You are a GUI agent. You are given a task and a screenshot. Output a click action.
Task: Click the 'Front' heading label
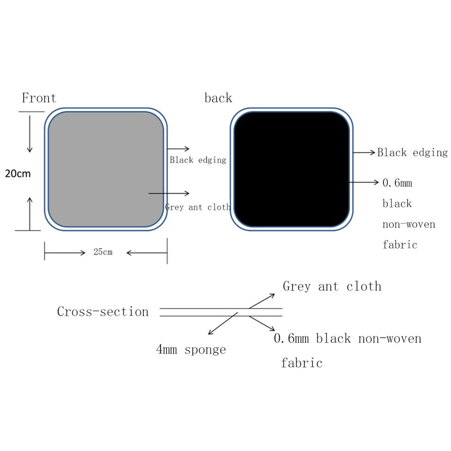point(39,98)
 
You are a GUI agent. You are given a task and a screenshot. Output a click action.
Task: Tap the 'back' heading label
point(218,98)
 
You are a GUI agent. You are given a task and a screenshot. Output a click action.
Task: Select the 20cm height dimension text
point(18,174)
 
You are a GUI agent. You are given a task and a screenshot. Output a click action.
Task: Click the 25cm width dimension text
point(103,251)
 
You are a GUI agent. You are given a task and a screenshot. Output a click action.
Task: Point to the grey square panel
point(106,169)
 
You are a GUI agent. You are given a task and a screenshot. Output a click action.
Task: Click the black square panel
point(291,169)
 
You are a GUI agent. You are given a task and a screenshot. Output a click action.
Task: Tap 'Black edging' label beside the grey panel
point(198,160)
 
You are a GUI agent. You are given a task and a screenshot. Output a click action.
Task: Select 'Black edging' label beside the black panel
point(412,152)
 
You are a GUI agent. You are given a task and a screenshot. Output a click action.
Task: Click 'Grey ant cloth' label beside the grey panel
point(198,207)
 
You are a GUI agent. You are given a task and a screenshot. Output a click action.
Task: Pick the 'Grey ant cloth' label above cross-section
point(332,286)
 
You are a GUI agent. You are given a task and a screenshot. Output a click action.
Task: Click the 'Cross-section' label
point(103,312)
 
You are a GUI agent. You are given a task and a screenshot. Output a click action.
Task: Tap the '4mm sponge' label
point(191,350)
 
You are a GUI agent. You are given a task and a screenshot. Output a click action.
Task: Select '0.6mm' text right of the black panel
point(397,183)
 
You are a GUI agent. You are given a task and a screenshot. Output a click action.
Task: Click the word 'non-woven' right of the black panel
point(409,224)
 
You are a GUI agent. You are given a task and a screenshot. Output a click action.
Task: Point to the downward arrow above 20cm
point(30,134)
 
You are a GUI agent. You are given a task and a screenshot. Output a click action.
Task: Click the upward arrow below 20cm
point(30,214)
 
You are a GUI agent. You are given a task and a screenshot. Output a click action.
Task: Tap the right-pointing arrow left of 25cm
point(65,253)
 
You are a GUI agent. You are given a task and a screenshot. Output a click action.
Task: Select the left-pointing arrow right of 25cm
point(147,253)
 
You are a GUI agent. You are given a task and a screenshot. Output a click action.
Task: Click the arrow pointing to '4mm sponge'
point(223,323)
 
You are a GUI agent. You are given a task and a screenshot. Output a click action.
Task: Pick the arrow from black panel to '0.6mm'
point(364,182)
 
